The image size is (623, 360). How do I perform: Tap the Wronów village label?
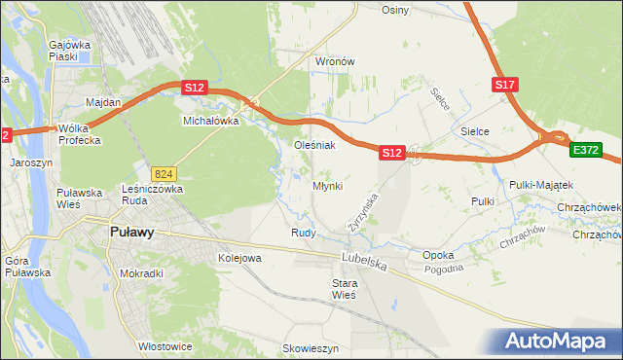tap(334, 61)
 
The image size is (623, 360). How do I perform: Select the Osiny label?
tap(395, 10)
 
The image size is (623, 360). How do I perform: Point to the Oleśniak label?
tap(314, 145)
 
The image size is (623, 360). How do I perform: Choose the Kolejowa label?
tap(239, 258)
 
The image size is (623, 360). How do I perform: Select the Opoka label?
tap(438, 255)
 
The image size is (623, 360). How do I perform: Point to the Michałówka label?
tap(211, 122)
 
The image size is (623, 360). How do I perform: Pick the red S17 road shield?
tap(504, 86)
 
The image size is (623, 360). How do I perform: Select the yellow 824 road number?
tap(162, 172)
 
